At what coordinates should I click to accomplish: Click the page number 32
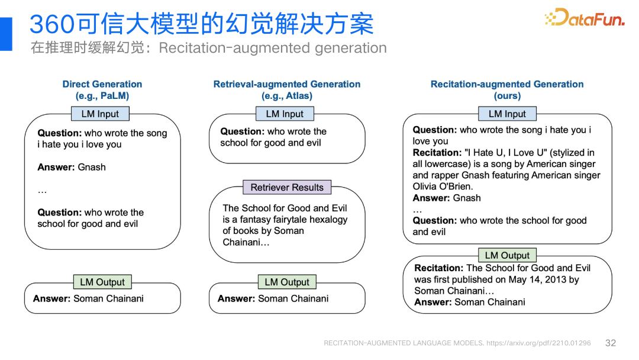tap(611, 343)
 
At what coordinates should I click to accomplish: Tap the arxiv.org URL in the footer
tap(538, 343)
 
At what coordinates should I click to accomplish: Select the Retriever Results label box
tap(287, 187)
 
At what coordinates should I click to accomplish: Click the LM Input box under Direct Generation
tap(100, 114)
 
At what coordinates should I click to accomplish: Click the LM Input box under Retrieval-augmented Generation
tap(285, 114)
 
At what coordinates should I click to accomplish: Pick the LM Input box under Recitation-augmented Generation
tap(507, 114)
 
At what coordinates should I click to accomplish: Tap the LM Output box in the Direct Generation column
tap(102, 282)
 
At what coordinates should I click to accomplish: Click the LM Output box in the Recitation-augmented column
tap(507, 255)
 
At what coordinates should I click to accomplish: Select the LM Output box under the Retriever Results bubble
tap(287, 282)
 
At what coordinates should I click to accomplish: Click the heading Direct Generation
tap(102, 84)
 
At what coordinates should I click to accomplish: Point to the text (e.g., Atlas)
tap(287, 96)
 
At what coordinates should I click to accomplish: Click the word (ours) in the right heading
tap(507, 96)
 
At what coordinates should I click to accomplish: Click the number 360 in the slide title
tap(51, 25)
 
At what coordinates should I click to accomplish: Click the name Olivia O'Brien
tap(443, 187)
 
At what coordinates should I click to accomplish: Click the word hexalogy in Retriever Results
tap(328, 219)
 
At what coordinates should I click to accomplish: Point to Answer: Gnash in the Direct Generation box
tap(72, 167)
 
